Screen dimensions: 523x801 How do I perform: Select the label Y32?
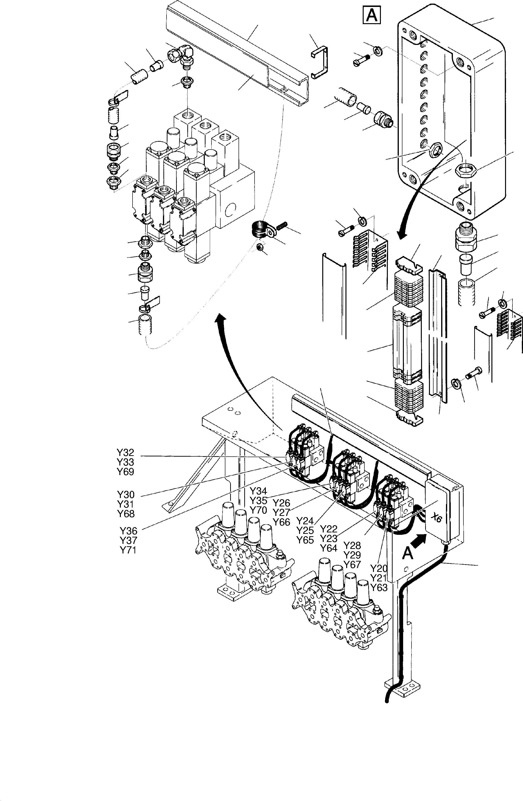pos(125,453)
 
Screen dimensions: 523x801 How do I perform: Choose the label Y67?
pos(352,564)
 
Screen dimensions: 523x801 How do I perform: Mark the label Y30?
pos(126,495)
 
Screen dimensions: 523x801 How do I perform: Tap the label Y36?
pos(129,531)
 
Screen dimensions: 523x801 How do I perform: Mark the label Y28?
pos(352,545)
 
